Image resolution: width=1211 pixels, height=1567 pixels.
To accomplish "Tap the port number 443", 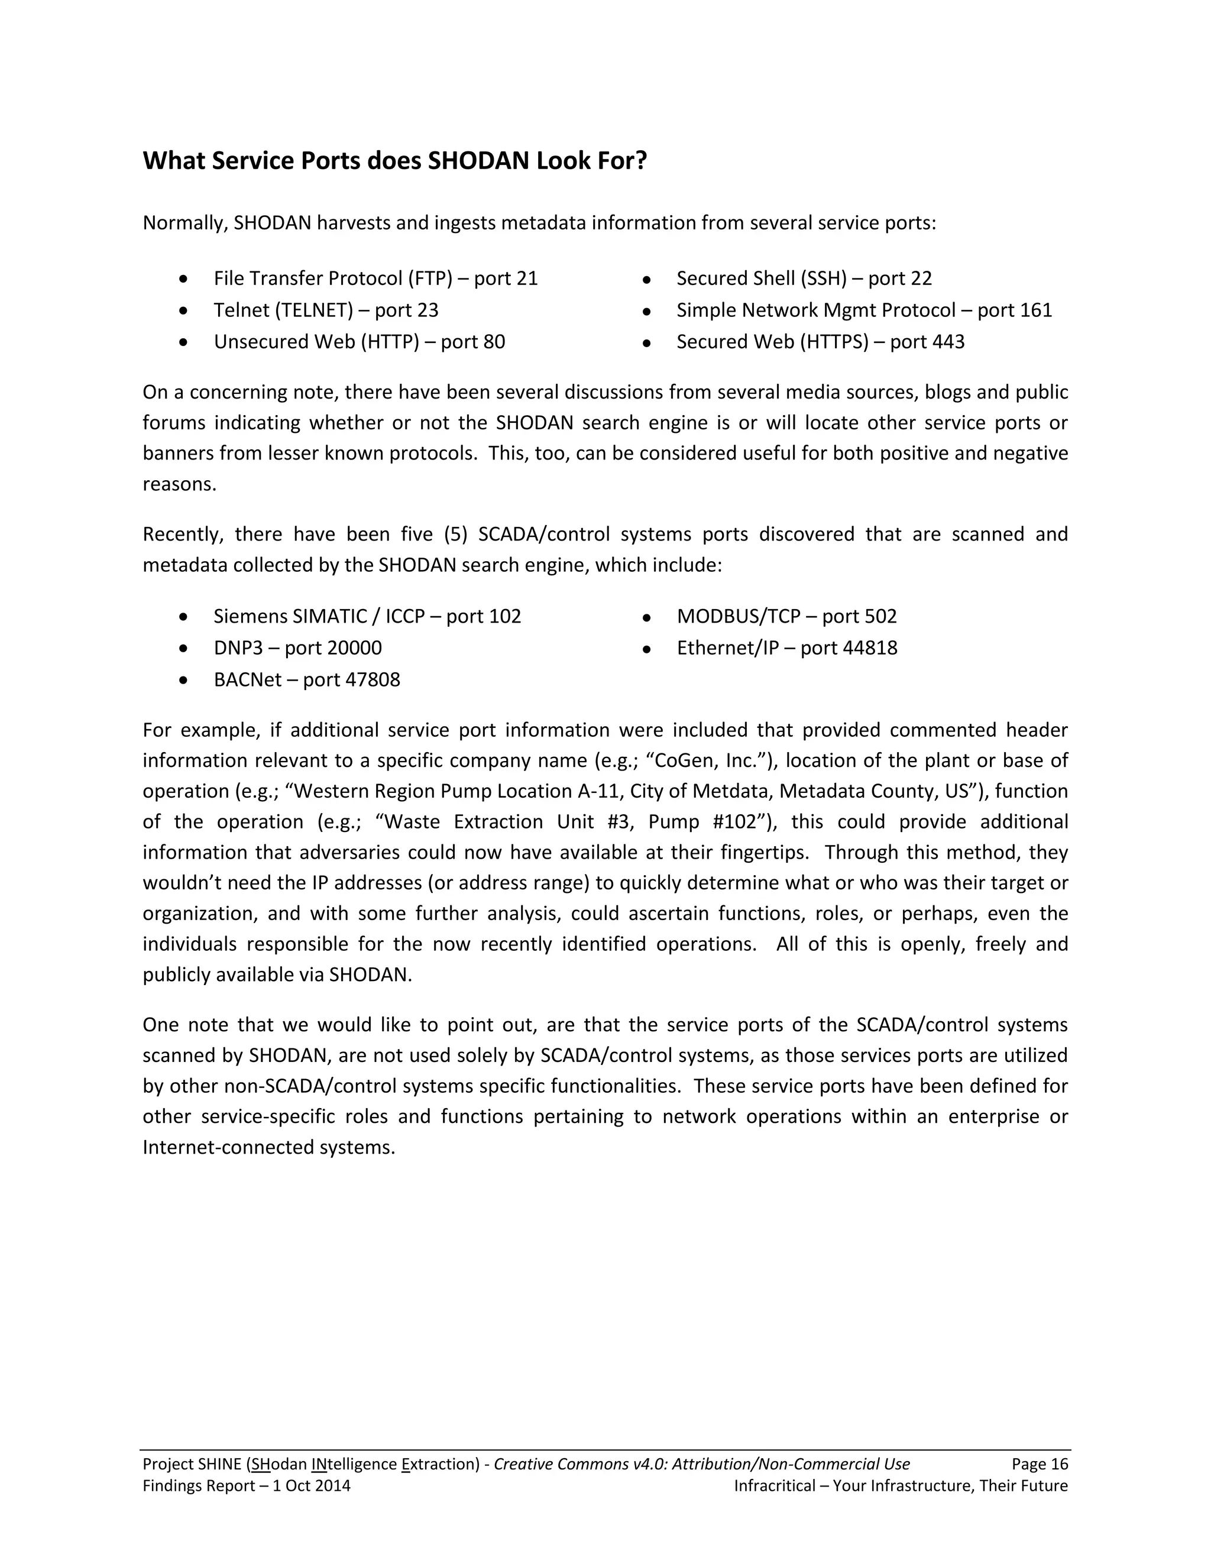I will (x=948, y=342).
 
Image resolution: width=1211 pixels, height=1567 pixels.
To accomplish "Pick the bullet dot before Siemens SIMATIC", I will (x=184, y=616).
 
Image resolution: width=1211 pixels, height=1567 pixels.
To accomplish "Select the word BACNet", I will (x=248, y=679).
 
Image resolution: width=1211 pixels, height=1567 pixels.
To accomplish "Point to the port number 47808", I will (x=373, y=679).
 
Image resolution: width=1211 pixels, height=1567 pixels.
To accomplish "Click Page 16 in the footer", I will (x=1040, y=1464).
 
